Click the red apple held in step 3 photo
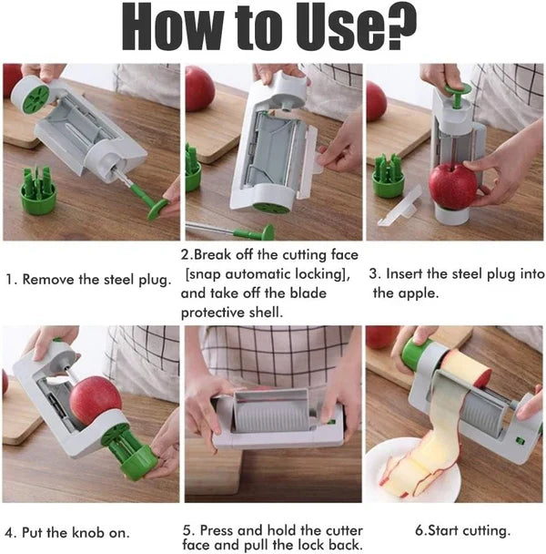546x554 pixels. tap(452, 185)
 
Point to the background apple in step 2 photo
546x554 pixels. tap(199, 87)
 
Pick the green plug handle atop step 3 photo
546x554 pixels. tap(460, 90)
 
